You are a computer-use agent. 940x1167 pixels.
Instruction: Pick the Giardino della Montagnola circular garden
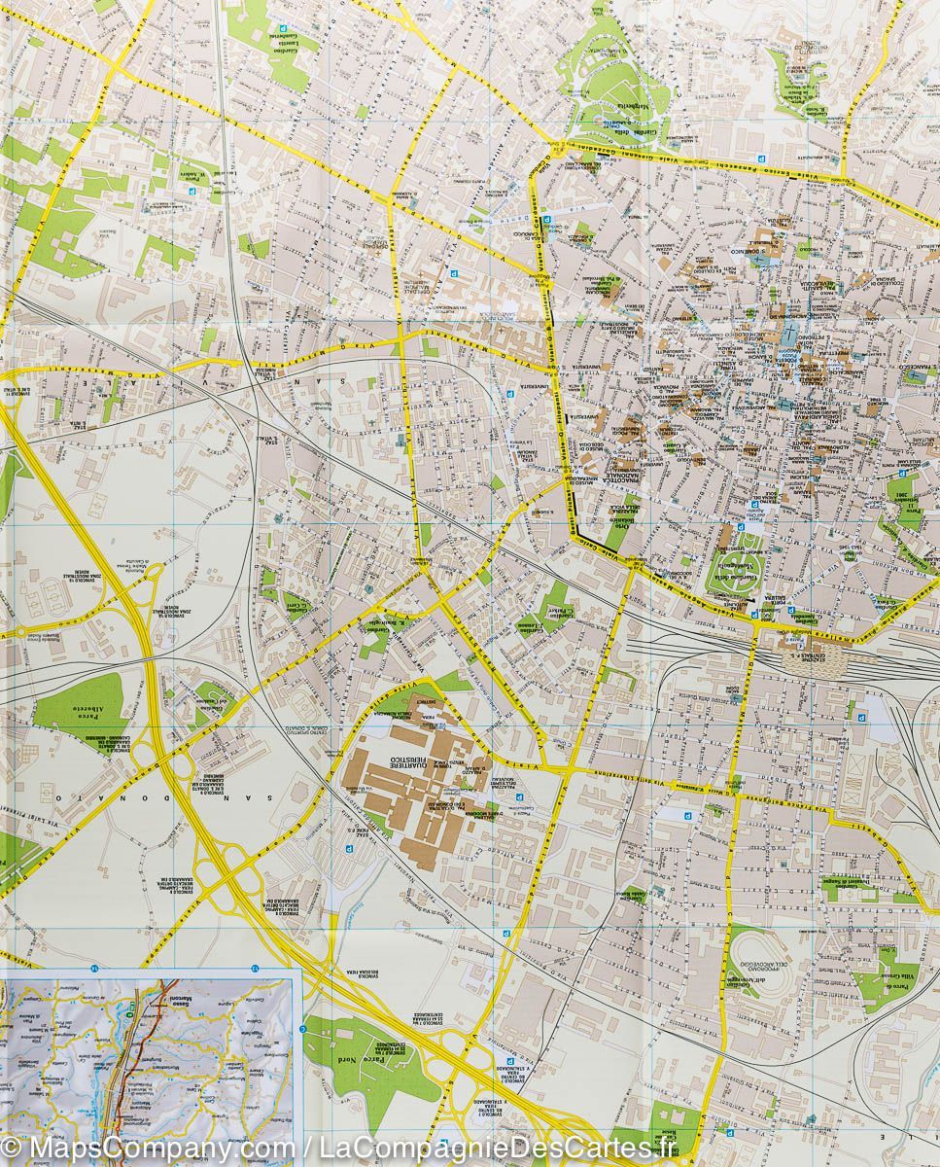click(x=734, y=563)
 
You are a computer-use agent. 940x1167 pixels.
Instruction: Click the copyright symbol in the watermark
click(x=12, y=1148)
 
